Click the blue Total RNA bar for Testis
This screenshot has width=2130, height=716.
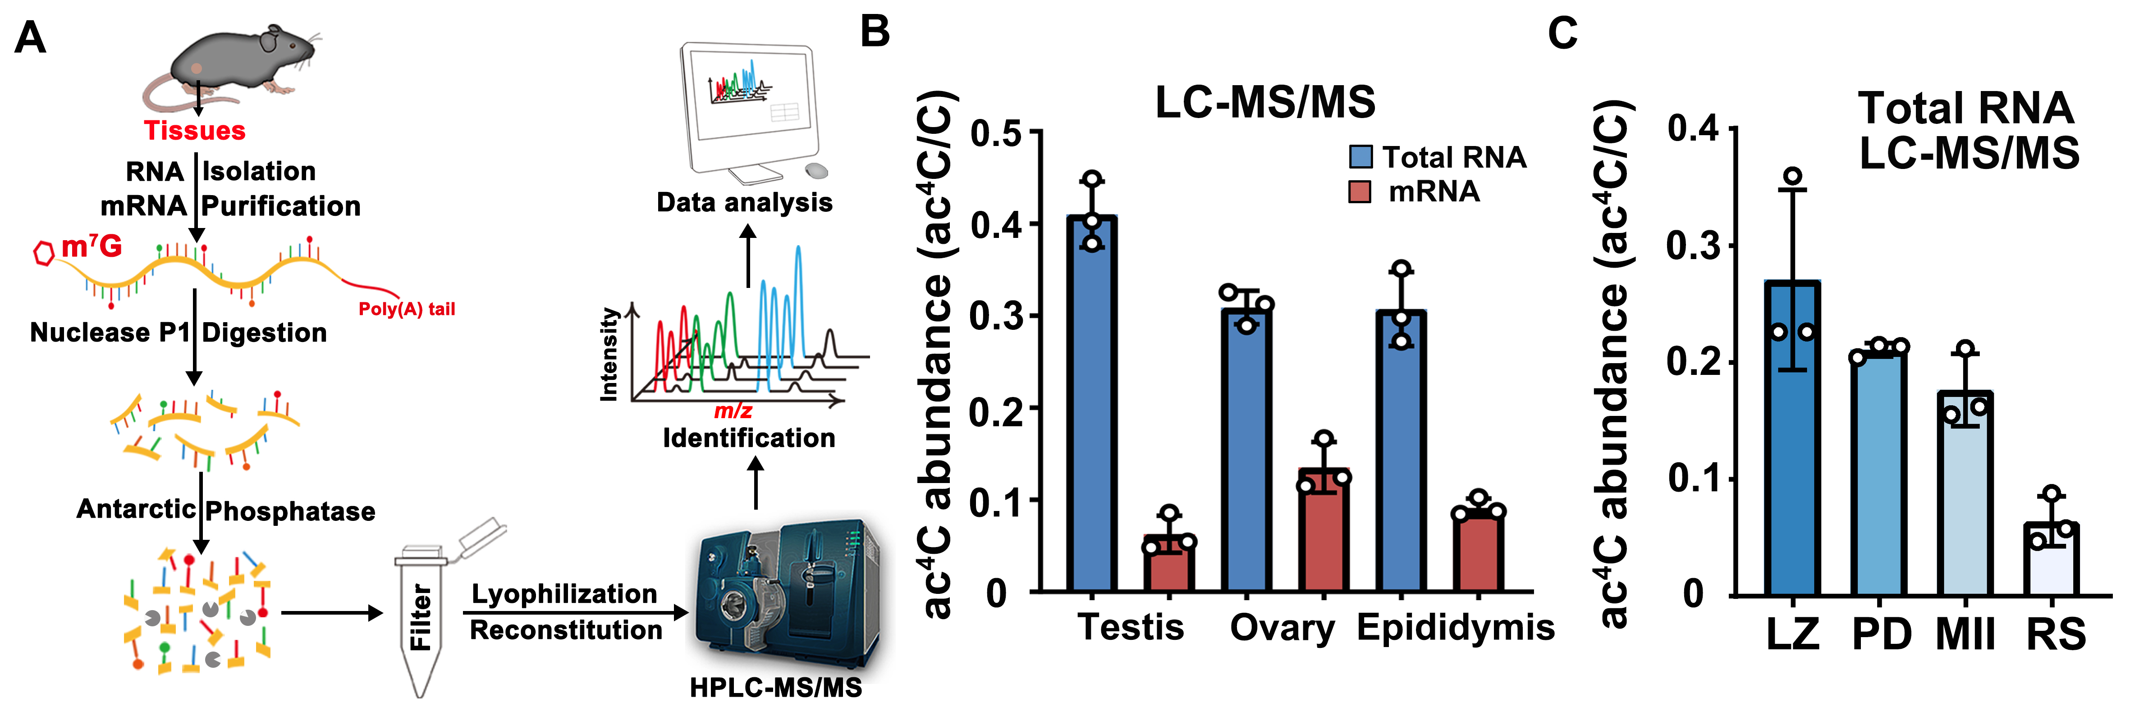(1091, 403)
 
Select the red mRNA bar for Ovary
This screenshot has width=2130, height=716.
(1324, 530)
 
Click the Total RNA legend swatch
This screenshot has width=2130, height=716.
(1360, 156)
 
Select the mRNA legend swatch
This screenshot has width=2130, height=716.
(1360, 191)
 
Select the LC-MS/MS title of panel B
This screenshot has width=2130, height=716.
(1264, 103)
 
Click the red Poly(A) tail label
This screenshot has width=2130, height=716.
(406, 309)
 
